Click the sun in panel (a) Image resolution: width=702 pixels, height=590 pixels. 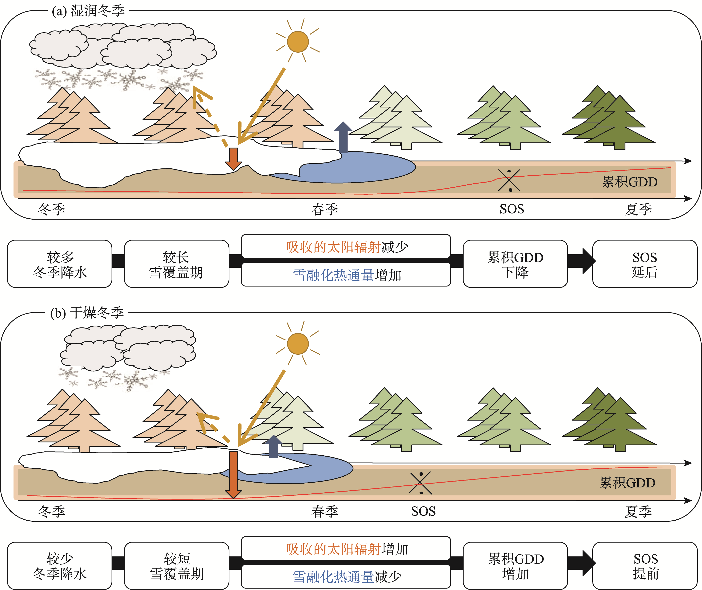click(x=297, y=42)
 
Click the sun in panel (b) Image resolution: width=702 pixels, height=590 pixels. click(x=297, y=343)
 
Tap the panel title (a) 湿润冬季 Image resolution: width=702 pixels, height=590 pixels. click(x=88, y=11)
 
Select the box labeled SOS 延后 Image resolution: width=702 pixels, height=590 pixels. click(x=644, y=264)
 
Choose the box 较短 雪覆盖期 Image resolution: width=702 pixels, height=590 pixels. click(x=177, y=566)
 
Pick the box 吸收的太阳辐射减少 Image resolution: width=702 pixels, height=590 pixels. click(x=346, y=247)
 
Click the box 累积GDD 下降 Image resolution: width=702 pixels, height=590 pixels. click(x=515, y=264)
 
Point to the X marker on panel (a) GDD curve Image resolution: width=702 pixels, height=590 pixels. click(x=509, y=180)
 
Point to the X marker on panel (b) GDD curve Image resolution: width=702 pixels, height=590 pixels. click(x=420, y=483)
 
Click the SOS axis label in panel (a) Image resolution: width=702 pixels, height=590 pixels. click(x=512, y=209)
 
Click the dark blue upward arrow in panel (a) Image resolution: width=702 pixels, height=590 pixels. click(x=343, y=137)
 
